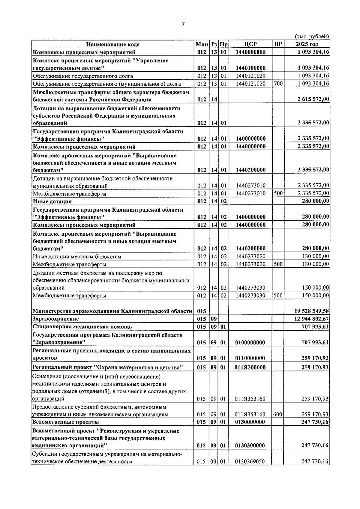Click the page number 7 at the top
(x=183, y=24)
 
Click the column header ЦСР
(x=250, y=44)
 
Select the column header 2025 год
(x=306, y=44)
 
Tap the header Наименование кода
(x=113, y=44)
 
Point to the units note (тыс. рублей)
(x=312, y=37)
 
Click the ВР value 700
(x=278, y=84)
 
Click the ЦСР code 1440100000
(x=250, y=68)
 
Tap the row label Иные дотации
(x=52, y=201)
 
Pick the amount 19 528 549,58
(x=312, y=311)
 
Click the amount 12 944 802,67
(x=312, y=319)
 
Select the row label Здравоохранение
(x=56, y=319)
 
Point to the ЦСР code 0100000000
(x=250, y=342)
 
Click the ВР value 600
(x=278, y=415)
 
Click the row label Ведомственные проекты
(x=66, y=422)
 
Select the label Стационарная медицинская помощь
(x=82, y=326)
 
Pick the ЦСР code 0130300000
(x=250, y=446)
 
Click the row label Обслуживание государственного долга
(x=83, y=76)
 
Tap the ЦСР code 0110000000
(x=250, y=358)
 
